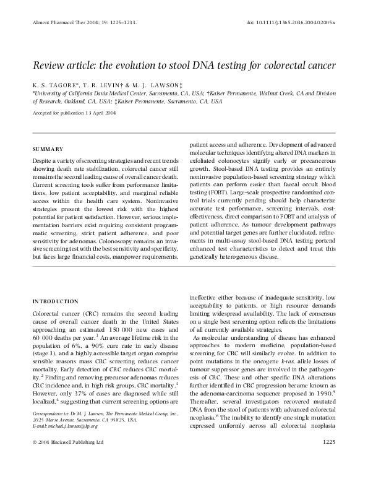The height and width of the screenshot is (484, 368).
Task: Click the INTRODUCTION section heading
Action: point(55,301)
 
